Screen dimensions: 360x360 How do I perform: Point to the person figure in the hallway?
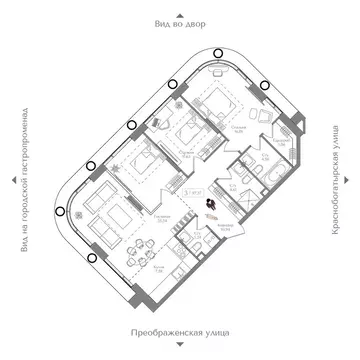pyautogui.click(x=211, y=203)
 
